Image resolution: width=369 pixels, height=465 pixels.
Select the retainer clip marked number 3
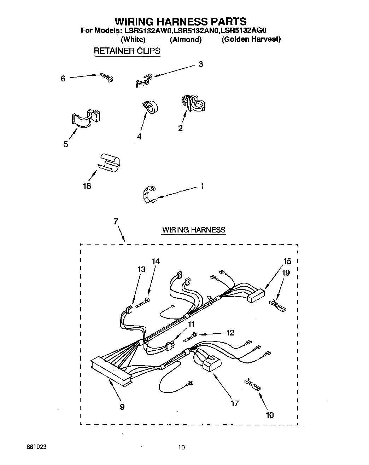click(x=143, y=80)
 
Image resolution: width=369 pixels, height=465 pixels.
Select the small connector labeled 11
click(x=170, y=345)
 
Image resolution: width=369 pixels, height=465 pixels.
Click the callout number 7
click(x=116, y=222)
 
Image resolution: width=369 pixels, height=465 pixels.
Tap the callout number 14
click(x=156, y=261)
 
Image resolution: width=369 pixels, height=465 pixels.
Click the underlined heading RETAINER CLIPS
click(x=127, y=51)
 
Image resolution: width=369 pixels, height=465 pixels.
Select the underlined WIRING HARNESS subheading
click(x=193, y=230)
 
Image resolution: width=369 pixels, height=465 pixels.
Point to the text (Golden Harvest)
click(x=251, y=39)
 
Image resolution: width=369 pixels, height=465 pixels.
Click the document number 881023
click(x=36, y=447)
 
